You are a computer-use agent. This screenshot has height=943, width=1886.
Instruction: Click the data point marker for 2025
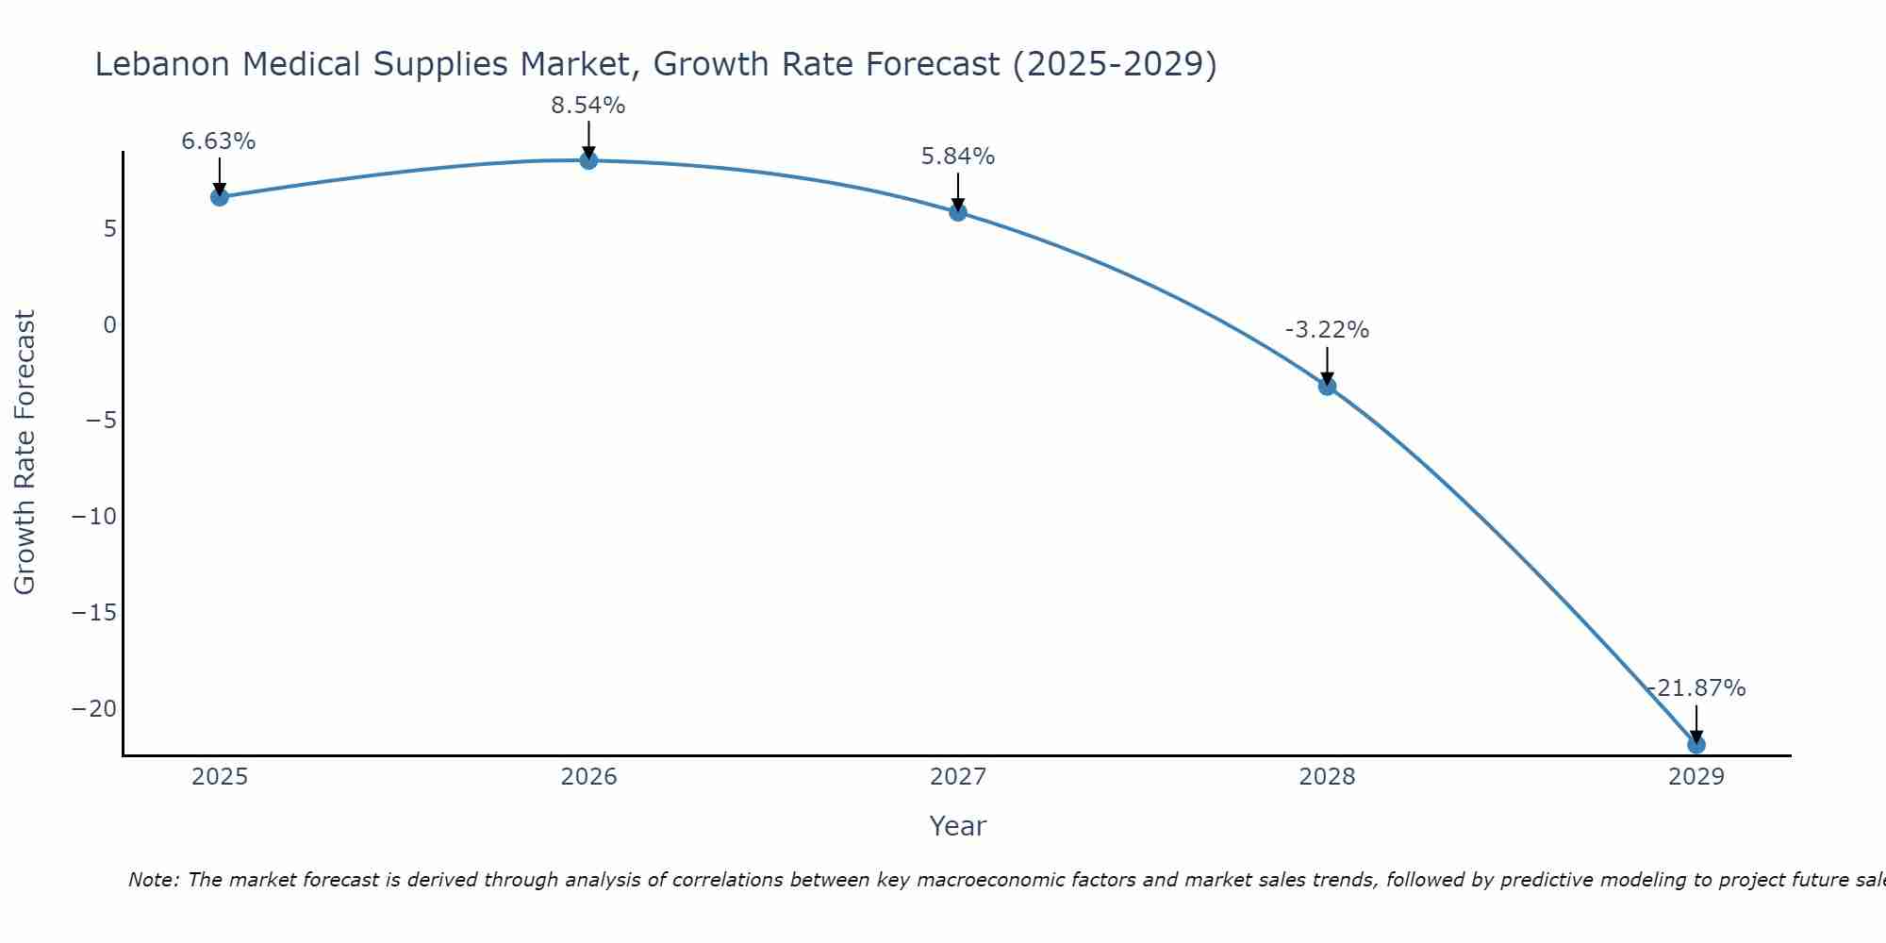click(220, 197)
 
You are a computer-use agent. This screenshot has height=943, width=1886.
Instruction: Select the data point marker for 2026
click(588, 160)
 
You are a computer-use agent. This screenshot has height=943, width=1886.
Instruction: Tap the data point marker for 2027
click(958, 212)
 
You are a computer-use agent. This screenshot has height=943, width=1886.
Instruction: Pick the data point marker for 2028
click(1327, 386)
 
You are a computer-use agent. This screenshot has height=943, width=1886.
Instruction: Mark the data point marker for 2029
click(1696, 745)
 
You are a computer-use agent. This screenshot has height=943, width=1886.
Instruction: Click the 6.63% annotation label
click(219, 141)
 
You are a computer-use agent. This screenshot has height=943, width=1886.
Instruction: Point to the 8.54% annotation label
click(588, 106)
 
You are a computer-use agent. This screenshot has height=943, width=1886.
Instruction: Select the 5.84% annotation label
click(958, 157)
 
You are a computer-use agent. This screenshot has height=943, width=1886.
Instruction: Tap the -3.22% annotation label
click(1327, 330)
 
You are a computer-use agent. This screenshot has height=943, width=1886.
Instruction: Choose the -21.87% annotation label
click(1696, 688)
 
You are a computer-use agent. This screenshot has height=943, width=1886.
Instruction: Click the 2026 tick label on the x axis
click(588, 777)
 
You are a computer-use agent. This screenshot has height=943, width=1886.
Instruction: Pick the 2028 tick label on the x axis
click(1327, 777)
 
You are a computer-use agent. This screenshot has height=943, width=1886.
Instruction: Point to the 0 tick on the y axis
click(110, 325)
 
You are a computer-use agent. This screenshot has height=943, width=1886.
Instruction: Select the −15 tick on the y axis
click(94, 613)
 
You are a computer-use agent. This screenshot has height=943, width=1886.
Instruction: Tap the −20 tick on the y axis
click(94, 709)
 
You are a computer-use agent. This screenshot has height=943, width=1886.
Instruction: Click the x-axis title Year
click(958, 826)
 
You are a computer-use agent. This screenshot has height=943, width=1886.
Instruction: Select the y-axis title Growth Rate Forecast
click(25, 453)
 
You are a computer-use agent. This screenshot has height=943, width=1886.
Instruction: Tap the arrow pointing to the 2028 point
click(1327, 366)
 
